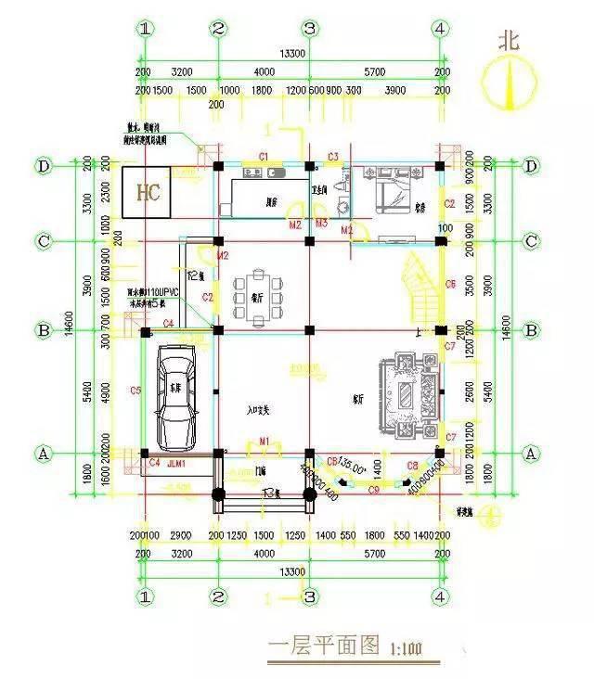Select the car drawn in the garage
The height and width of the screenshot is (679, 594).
click(x=178, y=395)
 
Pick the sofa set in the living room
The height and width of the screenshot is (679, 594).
click(x=408, y=395)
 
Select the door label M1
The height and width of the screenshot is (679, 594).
click(x=264, y=440)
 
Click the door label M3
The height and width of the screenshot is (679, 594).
click(x=321, y=224)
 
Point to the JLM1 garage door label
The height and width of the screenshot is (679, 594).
click(x=176, y=463)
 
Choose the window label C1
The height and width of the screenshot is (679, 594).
click(x=264, y=154)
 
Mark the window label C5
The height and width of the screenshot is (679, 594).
click(x=136, y=390)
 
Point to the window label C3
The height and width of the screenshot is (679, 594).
click(x=332, y=154)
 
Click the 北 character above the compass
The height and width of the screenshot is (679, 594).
click(x=510, y=41)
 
